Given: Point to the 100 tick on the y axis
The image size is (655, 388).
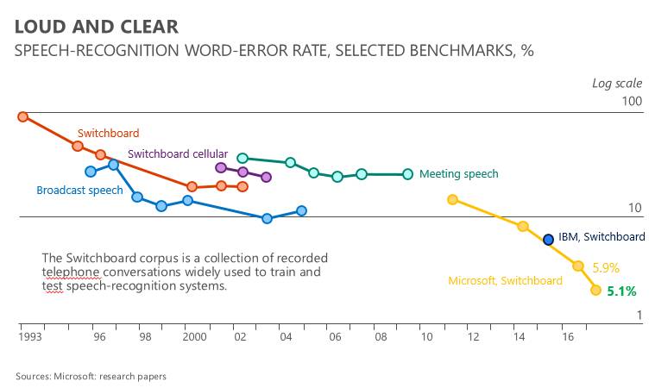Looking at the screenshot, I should (x=633, y=101).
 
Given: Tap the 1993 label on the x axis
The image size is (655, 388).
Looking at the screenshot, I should (x=32, y=339).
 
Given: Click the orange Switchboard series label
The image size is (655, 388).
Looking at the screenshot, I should (x=108, y=134).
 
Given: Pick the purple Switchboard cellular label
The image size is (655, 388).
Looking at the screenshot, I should (x=178, y=153).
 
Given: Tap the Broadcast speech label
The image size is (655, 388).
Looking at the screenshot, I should (x=79, y=191).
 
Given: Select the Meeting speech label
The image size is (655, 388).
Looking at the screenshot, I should (x=458, y=174).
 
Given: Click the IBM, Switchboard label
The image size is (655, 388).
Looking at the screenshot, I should (x=601, y=237).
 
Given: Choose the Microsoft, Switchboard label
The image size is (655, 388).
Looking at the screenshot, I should (x=505, y=280).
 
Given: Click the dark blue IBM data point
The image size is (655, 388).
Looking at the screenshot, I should (x=548, y=240).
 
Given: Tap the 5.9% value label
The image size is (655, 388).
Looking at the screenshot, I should (x=606, y=267).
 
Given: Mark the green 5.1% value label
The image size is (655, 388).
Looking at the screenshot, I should (x=621, y=291).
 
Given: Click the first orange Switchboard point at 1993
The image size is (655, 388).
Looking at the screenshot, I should (x=23, y=116).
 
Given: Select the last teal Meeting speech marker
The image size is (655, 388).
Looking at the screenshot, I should (x=408, y=174).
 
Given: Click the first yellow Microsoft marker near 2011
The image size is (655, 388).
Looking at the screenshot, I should (x=452, y=200).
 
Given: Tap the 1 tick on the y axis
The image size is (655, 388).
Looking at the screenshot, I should (x=639, y=316).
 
